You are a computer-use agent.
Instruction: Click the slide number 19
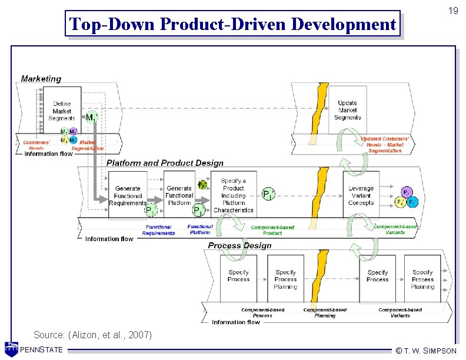pyautogui.click(x=452, y=11)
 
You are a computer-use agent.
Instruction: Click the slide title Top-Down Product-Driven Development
pyautogui.click(x=232, y=24)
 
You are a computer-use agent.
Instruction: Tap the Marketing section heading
pyautogui.click(x=41, y=79)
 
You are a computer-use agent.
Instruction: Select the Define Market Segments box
pyautogui.click(x=62, y=111)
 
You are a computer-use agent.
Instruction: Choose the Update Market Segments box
pyautogui.click(x=347, y=110)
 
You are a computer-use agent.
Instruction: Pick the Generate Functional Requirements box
pyautogui.click(x=128, y=196)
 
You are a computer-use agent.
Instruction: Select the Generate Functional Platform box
pyautogui.click(x=179, y=195)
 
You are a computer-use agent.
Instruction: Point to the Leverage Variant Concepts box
pyautogui.click(x=361, y=195)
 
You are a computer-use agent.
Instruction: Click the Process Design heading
pyautogui.click(x=239, y=245)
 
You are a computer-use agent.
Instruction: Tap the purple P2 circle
pyautogui.click(x=407, y=192)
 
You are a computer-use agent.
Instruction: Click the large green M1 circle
pyautogui.click(x=91, y=118)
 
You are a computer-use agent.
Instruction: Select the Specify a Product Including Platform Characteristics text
pyautogui.click(x=234, y=195)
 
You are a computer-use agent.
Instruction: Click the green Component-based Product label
pyautogui.click(x=272, y=230)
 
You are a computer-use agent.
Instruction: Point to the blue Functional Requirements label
pyautogui.click(x=158, y=230)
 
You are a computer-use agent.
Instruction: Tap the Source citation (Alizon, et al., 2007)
pyautogui.click(x=92, y=335)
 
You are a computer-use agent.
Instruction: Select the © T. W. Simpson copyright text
pyautogui.click(x=426, y=351)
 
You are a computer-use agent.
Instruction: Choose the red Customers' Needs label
pyautogui.click(x=36, y=145)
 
